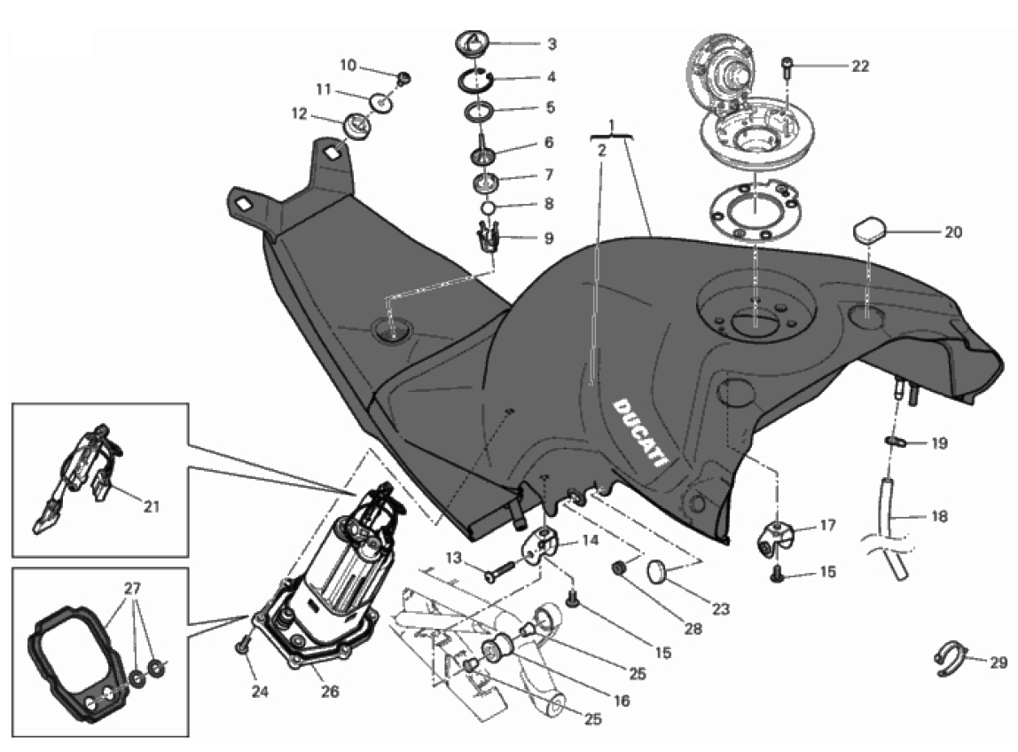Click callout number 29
tap(998, 662)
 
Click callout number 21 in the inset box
tap(152, 506)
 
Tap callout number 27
tap(132, 588)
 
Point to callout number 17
tap(826, 526)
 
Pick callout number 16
tap(620, 701)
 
